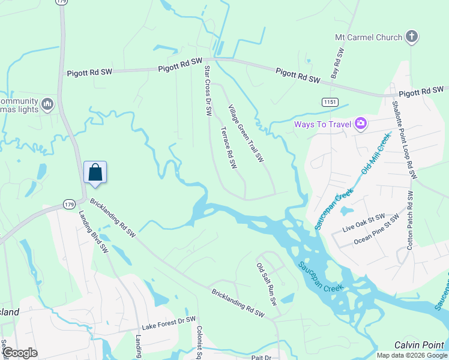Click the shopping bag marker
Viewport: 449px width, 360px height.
(x=95, y=172)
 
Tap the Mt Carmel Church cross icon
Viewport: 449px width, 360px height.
(x=412, y=37)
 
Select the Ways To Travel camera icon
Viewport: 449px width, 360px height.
(x=361, y=124)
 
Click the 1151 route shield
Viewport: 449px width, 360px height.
(x=328, y=103)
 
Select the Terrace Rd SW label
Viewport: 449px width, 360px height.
(x=229, y=148)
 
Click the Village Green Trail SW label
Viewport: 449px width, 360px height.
(x=246, y=134)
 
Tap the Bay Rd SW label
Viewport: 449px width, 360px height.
(x=337, y=65)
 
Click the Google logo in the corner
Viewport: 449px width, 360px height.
(x=19, y=353)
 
